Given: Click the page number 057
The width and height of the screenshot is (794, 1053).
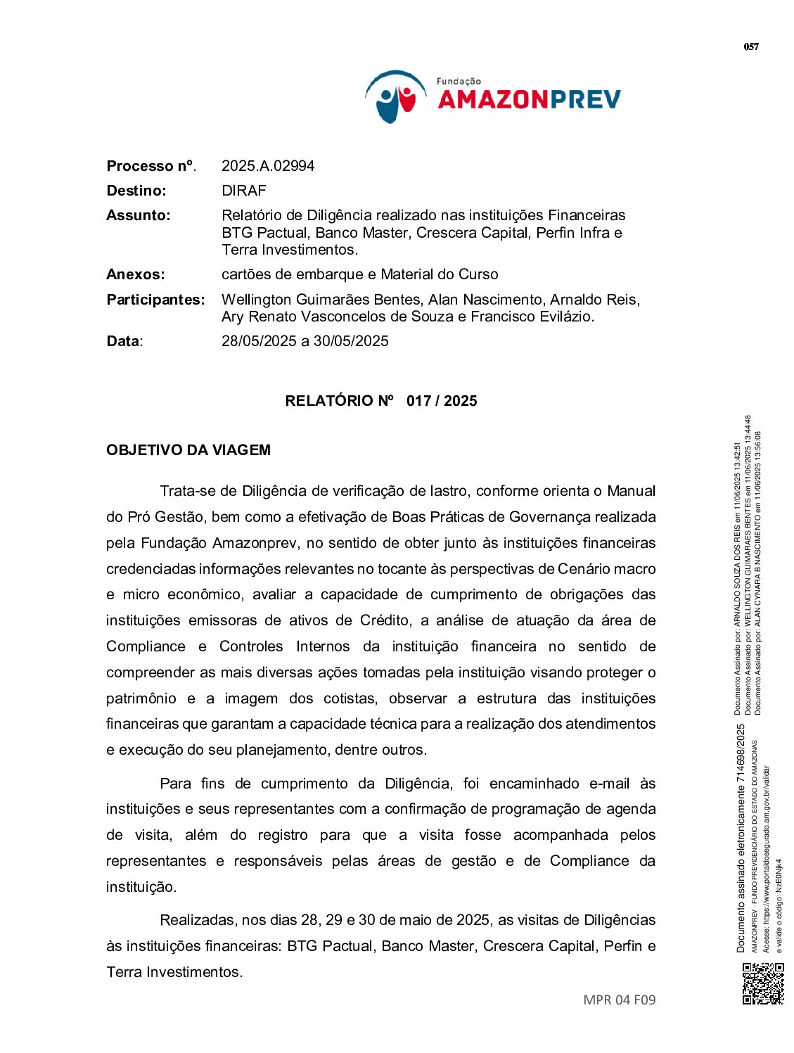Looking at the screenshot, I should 751,47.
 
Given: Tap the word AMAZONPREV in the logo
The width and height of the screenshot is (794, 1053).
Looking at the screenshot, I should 529,100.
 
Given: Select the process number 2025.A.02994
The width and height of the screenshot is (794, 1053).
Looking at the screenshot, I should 268,166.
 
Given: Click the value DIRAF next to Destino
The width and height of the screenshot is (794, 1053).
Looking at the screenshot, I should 243,191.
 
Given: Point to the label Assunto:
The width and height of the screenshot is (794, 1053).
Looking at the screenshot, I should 139,215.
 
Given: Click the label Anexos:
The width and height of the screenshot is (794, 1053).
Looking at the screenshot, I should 136,274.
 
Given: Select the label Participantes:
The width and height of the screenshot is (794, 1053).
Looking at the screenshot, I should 155,300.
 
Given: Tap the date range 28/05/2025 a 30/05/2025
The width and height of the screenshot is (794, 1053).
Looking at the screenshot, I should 305,341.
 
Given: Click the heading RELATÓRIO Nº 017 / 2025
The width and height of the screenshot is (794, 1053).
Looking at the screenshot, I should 380,401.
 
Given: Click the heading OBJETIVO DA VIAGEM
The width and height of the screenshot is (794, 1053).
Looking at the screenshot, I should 188,450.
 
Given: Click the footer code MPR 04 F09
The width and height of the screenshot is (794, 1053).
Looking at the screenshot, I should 619,1000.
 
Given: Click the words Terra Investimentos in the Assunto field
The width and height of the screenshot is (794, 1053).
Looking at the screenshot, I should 289,250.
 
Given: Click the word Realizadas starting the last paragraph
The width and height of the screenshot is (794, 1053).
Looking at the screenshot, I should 198,920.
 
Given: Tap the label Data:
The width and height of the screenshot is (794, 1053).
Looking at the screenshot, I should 124,341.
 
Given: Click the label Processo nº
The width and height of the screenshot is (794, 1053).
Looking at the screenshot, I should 151,166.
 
